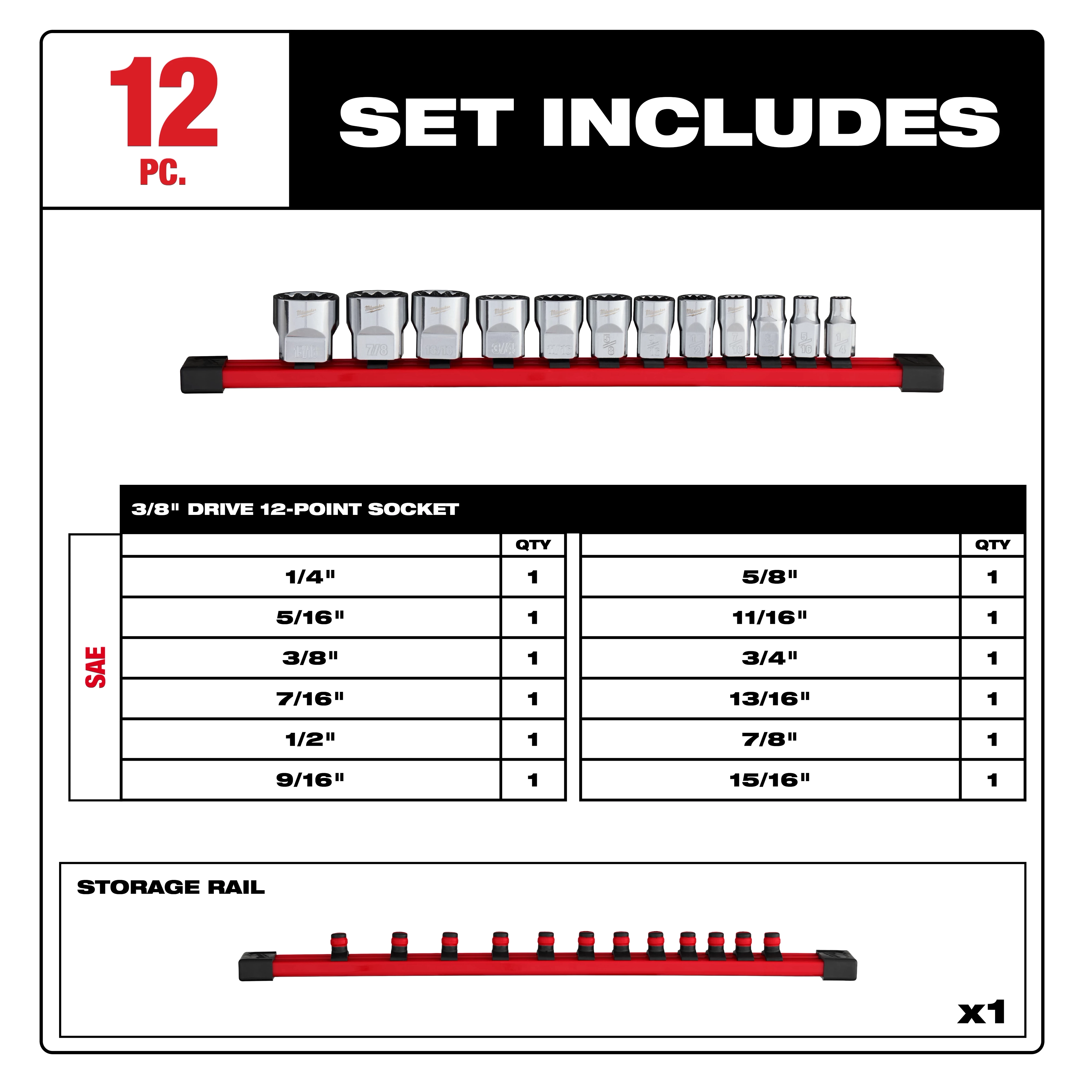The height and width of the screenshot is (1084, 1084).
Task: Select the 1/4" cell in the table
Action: [x=310, y=577]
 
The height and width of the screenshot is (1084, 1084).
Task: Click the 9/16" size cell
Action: [x=310, y=780]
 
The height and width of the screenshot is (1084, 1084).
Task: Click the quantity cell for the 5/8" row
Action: [x=992, y=577]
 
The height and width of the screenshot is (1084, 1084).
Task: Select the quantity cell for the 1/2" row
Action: [x=533, y=740]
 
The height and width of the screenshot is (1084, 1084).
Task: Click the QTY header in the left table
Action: [x=533, y=545]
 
